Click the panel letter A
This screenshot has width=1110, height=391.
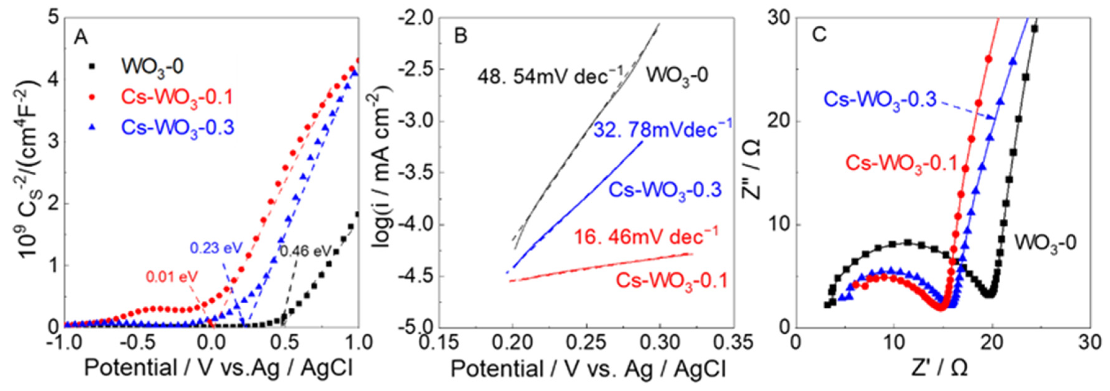click(81, 38)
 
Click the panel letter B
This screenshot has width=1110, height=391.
click(461, 37)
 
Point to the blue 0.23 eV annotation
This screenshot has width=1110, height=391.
click(216, 248)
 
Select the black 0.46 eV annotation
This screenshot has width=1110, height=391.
click(306, 251)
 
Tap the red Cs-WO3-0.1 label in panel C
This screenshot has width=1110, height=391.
click(901, 164)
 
